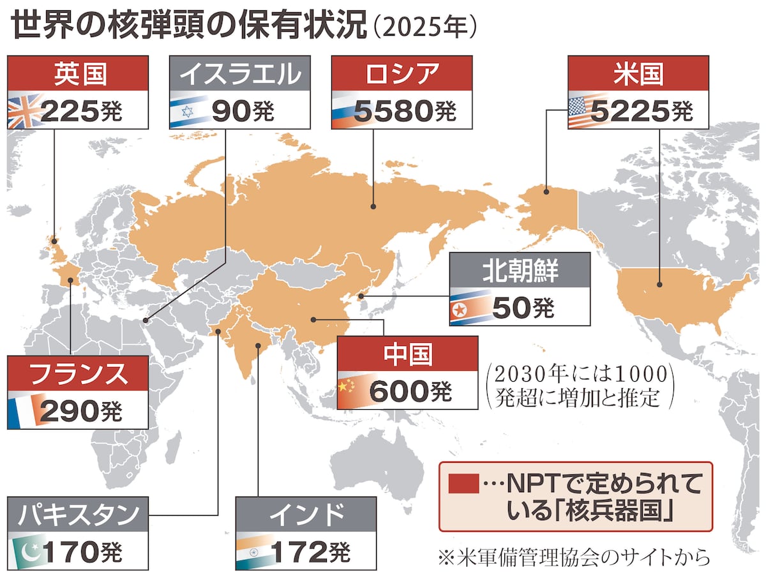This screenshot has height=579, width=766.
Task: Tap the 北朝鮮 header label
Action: pyautogui.click(x=519, y=271)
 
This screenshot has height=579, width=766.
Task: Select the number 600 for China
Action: pyautogui.click(x=400, y=390)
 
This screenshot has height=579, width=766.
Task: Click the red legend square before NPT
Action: pyautogui.click(x=463, y=484)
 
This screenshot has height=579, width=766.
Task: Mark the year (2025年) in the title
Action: pyautogui.click(x=424, y=28)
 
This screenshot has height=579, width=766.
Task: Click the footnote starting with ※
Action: pyautogui.click(x=574, y=557)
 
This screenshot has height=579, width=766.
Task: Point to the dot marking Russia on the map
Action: pyautogui.click(x=374, y=207)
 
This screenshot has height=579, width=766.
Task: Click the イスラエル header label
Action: pyautogui.click(x=239, y=74)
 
